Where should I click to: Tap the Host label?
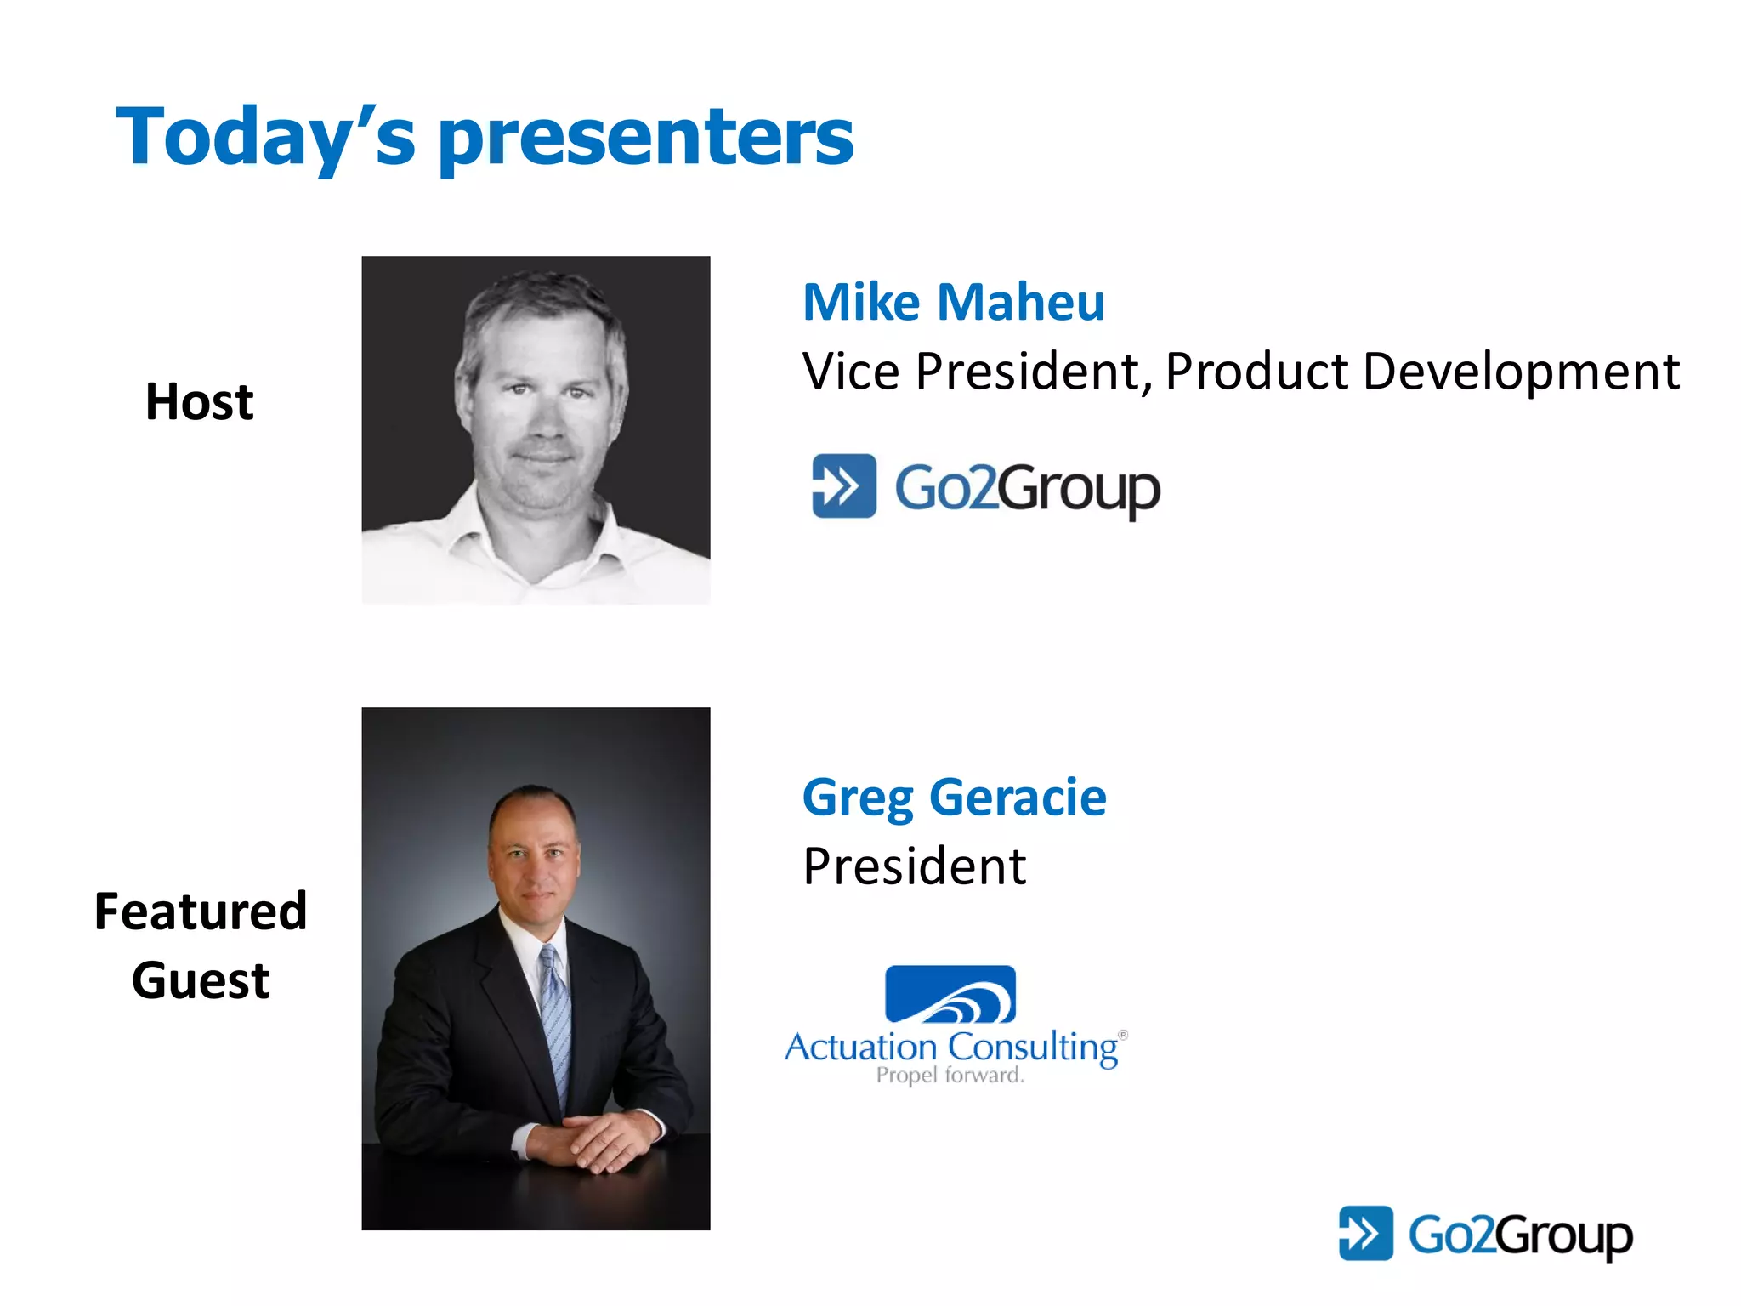(199, 401)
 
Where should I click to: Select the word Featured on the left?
(201, 911)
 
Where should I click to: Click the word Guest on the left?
(201, 980)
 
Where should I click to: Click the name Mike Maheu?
(953, 302)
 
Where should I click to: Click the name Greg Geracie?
(954, 798)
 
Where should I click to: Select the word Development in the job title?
(1521, 372)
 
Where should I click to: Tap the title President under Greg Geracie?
(915, 866)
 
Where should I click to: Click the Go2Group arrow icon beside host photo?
(843, 486)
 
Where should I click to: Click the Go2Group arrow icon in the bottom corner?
(1365, 1233)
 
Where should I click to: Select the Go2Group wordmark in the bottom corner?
(1520, 1235)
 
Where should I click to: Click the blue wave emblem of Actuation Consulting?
(950, 993)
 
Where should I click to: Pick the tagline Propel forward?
(950, 1076)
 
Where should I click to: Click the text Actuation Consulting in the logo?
(950, 1047)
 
